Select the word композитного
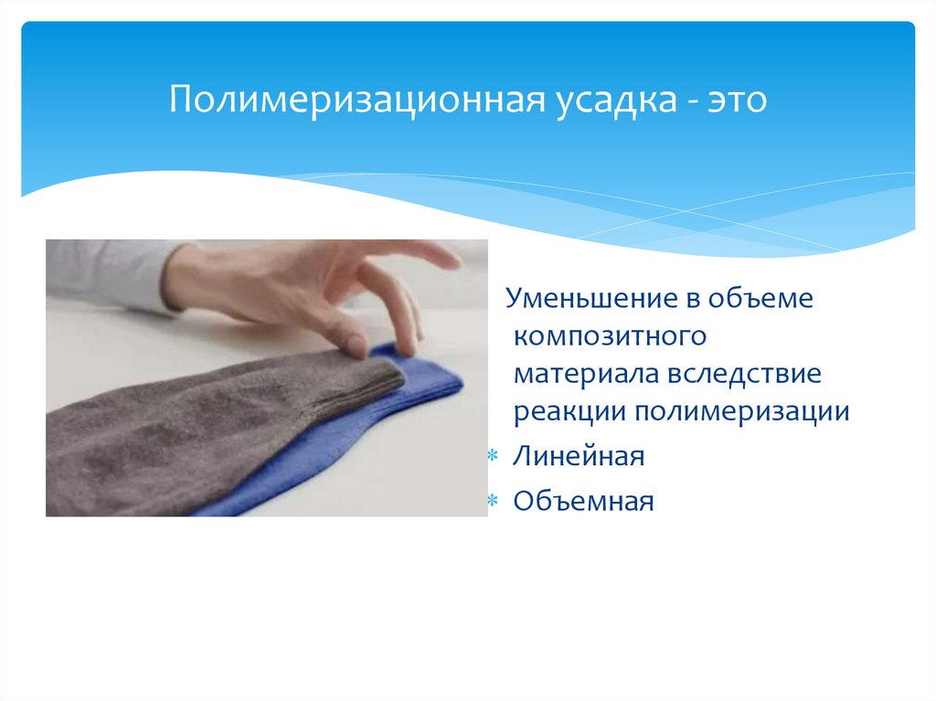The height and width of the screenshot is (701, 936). pos(610,336)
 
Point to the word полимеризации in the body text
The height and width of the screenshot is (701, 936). pos(741,411)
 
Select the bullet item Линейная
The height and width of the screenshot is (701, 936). pos(579,456)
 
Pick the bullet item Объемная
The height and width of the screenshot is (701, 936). pos(583,501)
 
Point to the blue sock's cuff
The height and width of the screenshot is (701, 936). pos(430,375)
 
